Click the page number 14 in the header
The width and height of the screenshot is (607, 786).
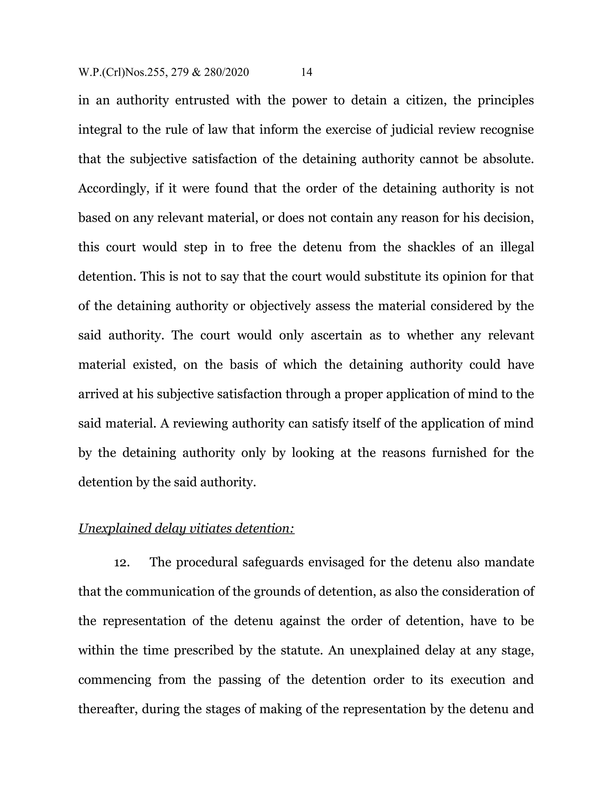point(306,72)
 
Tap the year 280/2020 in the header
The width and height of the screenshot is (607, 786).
point(226,72)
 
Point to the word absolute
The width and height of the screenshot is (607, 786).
point(508,159)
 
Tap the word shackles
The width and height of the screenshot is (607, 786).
point(434,247)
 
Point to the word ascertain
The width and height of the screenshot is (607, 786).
point(336,335)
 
